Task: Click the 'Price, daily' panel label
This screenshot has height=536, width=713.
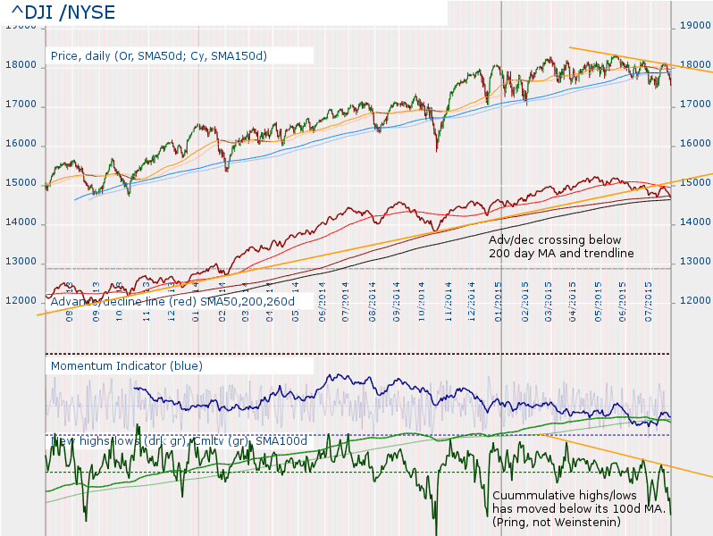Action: pos(159,55)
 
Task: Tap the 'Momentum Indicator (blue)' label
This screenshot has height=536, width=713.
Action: pos(127,365)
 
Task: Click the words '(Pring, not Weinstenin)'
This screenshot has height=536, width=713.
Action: pos(557,521)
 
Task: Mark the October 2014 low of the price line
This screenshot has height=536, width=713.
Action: pos(437,150)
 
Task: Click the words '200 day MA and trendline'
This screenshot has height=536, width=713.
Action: pos(561,254)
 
